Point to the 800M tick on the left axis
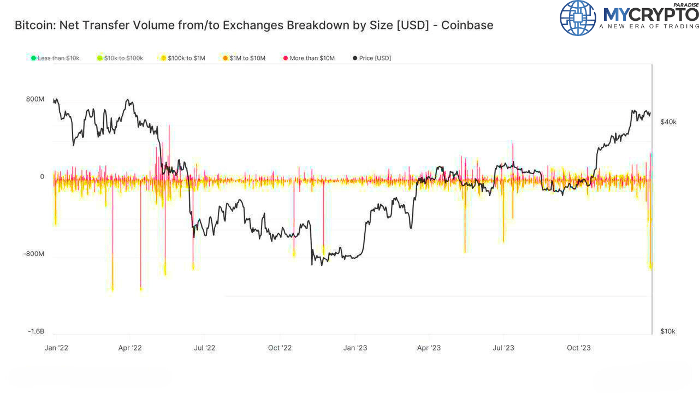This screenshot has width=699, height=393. click(35, 99)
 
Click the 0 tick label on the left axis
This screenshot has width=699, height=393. click(42, 177)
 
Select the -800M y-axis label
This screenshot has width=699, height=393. click(34, 254)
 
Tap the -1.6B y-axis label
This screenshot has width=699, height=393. click(36, 331)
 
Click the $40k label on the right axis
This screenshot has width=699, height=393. click(668, 122)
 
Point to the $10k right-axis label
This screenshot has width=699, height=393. click(668, 331)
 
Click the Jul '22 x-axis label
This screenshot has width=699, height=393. click(204, 348)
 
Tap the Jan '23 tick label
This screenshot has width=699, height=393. click(355, 348)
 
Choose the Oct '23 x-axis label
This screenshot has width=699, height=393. click(579, 348)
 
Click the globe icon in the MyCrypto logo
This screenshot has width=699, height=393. click(578, 18)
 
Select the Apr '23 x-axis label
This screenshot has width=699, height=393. click(429, 348)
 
